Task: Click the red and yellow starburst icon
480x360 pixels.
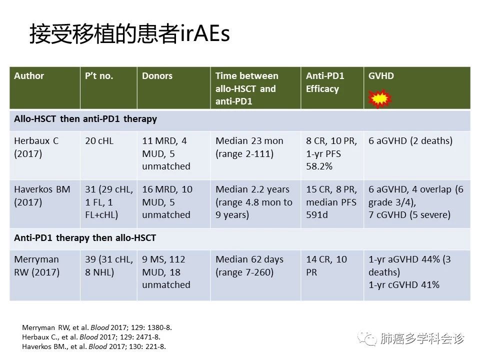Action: pos(379,99)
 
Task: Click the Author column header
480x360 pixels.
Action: pos(29,76)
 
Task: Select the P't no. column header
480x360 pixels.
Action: pos(99,76)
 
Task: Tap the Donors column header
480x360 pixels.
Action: pos(157,76)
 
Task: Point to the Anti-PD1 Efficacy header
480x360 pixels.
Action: pos(325,82)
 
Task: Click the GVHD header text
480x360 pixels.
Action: pos(381,76)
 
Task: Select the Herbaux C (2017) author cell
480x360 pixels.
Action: pos(36,147)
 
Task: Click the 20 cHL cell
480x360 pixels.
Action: pos(99,141)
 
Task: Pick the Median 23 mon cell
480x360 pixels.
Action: pos(249,147)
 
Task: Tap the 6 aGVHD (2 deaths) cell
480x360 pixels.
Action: pos(410,141)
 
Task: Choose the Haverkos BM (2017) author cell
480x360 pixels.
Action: pos(42,195)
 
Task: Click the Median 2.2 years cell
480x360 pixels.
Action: pos(254,202)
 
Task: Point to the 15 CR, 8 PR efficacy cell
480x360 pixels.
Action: pos(331,202)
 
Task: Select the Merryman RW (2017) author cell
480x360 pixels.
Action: pos(36,265)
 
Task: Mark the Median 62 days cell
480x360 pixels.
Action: pos(249,265)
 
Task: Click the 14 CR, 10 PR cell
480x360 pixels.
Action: pos(326,265)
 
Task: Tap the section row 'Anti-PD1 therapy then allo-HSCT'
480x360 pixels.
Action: pos(85,238)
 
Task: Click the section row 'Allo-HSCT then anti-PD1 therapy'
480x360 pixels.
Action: pos(85,119)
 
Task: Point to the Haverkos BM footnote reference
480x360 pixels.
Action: pos(93,346)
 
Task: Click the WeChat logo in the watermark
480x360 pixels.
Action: pos(366,338)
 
